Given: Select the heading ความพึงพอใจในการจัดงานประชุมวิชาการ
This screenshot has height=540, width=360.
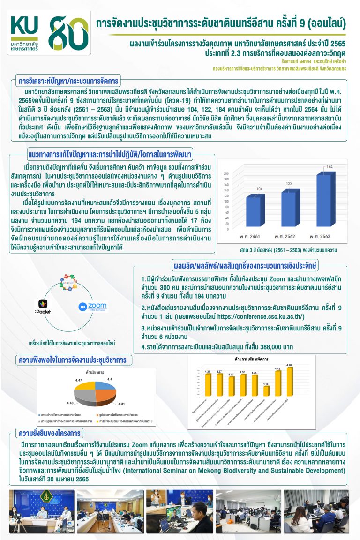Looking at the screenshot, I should click(74, 360).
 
